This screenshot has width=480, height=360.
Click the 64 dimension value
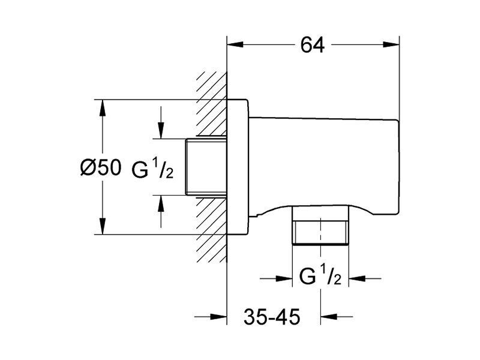(x=312, y=44)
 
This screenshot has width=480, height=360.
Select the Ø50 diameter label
(x=101, y=167)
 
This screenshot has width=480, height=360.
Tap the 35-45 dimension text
(x=272, y=317)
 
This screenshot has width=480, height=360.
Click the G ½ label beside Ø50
(x=152, y=170)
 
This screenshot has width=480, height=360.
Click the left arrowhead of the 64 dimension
(x=235, y=44)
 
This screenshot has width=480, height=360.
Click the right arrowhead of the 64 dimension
(x=391, y=44)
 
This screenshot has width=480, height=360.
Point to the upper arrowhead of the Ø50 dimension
(x=103, y=108)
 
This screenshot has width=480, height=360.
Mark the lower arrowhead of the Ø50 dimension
(x=103, y=226)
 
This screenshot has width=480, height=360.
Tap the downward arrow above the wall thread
(x=161, y=122)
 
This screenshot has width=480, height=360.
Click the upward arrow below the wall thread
(x=161, y=211)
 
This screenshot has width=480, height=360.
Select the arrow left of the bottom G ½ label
(x=276, y=278)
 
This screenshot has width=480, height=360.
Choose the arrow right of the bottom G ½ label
(x=365, y=278)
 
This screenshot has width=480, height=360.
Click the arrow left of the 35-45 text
(x=211, y=317)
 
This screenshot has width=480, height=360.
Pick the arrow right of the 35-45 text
(x=337, y=317)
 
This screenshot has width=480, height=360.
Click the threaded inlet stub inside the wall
(x=206, y=167)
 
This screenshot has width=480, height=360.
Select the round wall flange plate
(x=238, y=167)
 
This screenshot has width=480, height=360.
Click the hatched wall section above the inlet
(x=212, y=104)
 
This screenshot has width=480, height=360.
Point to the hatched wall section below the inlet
(x=212, y=230)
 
